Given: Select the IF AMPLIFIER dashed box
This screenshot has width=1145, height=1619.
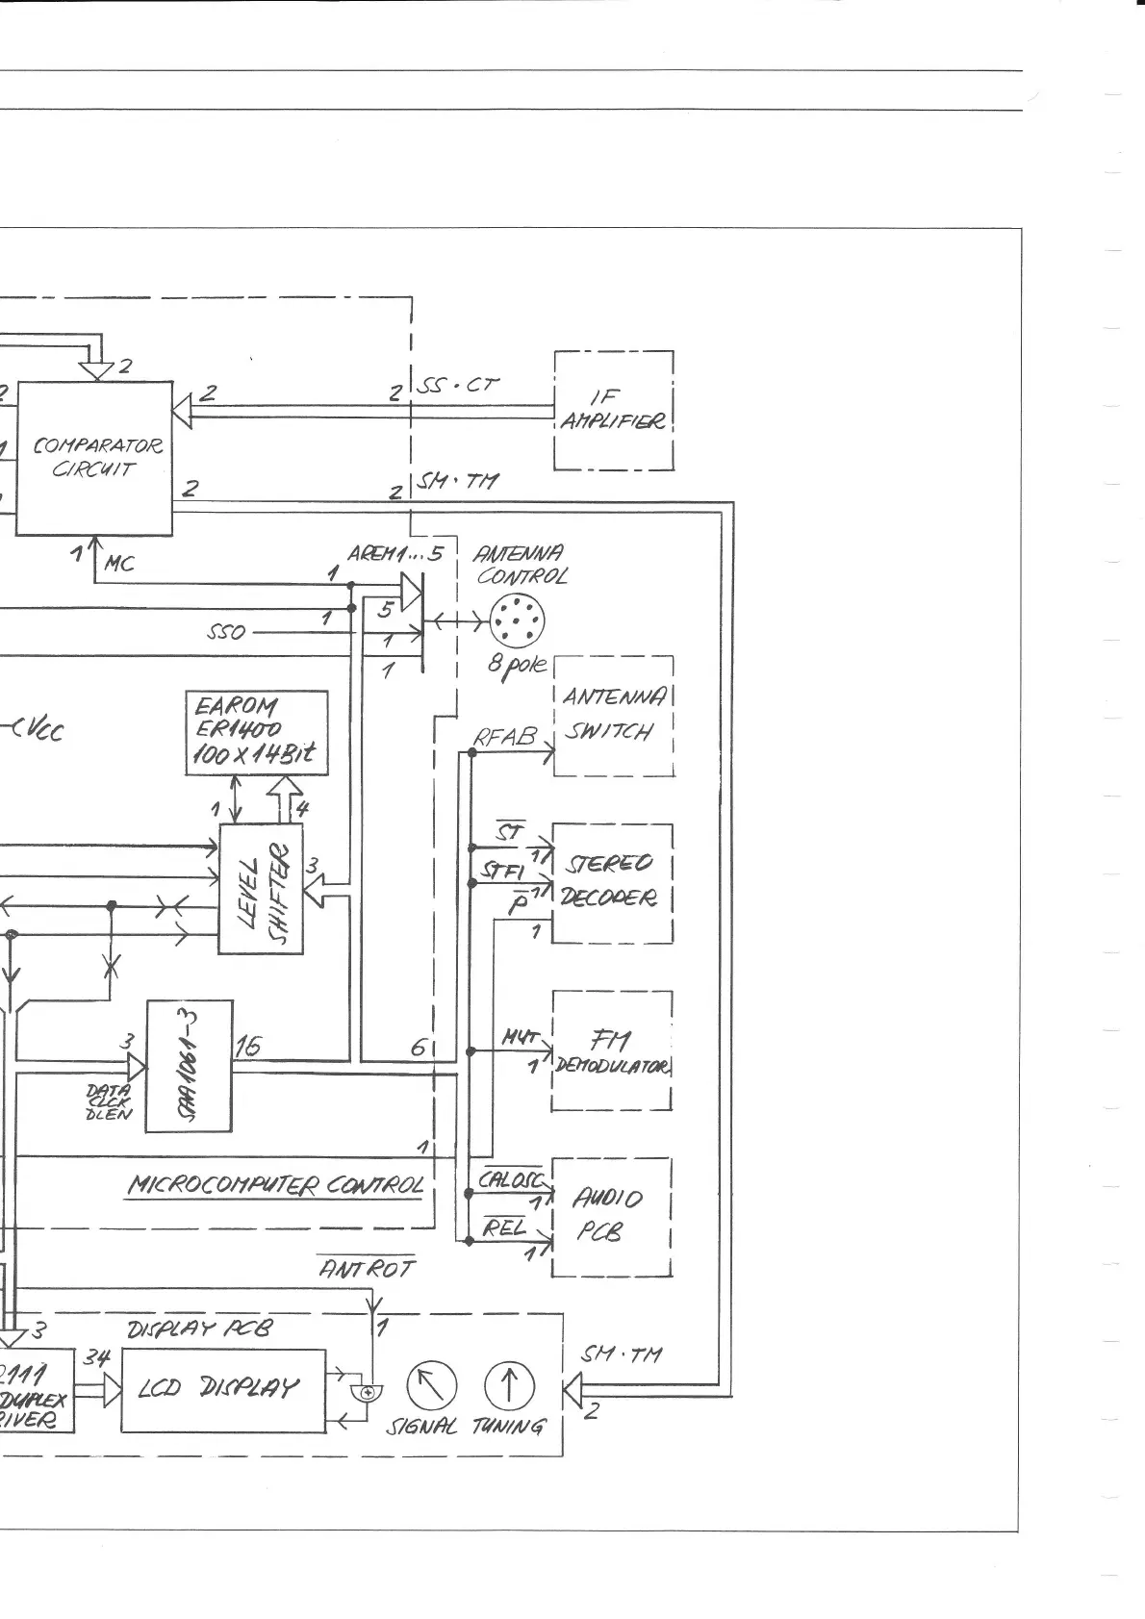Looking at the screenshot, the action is tap(613, 410).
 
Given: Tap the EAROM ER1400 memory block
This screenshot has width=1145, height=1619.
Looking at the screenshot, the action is tap(256, 732).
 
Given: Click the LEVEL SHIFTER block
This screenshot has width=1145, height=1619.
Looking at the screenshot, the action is tap(261, 889).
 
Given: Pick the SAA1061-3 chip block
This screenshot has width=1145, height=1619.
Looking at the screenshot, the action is tap(190, 1066).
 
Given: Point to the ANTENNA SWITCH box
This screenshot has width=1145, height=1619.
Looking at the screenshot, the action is tap(613, 716).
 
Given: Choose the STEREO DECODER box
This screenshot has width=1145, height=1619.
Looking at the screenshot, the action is tap(611, 883).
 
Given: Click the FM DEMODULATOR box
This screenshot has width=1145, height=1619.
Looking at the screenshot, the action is tap(611, 1050).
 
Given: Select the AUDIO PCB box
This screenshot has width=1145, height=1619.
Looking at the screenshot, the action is tap(610, 1216).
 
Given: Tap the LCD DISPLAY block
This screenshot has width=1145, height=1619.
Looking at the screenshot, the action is tap(223, 1388).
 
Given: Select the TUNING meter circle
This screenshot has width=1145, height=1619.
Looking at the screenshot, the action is tap(508, 1385).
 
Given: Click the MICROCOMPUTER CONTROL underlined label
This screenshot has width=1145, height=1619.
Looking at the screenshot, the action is tap(276, 1184).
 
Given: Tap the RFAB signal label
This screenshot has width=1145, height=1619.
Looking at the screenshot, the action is tap(504, 738).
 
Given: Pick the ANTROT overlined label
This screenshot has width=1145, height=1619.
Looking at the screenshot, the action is tap(367, 1270).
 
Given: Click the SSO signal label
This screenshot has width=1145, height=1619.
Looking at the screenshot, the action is tap(226, 633).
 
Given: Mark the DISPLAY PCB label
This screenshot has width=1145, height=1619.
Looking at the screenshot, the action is tap(200, 1328).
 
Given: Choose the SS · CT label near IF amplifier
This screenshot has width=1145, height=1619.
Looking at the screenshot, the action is tap(459, 386).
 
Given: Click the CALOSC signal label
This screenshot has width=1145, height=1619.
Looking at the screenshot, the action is tap(511, 1179).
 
